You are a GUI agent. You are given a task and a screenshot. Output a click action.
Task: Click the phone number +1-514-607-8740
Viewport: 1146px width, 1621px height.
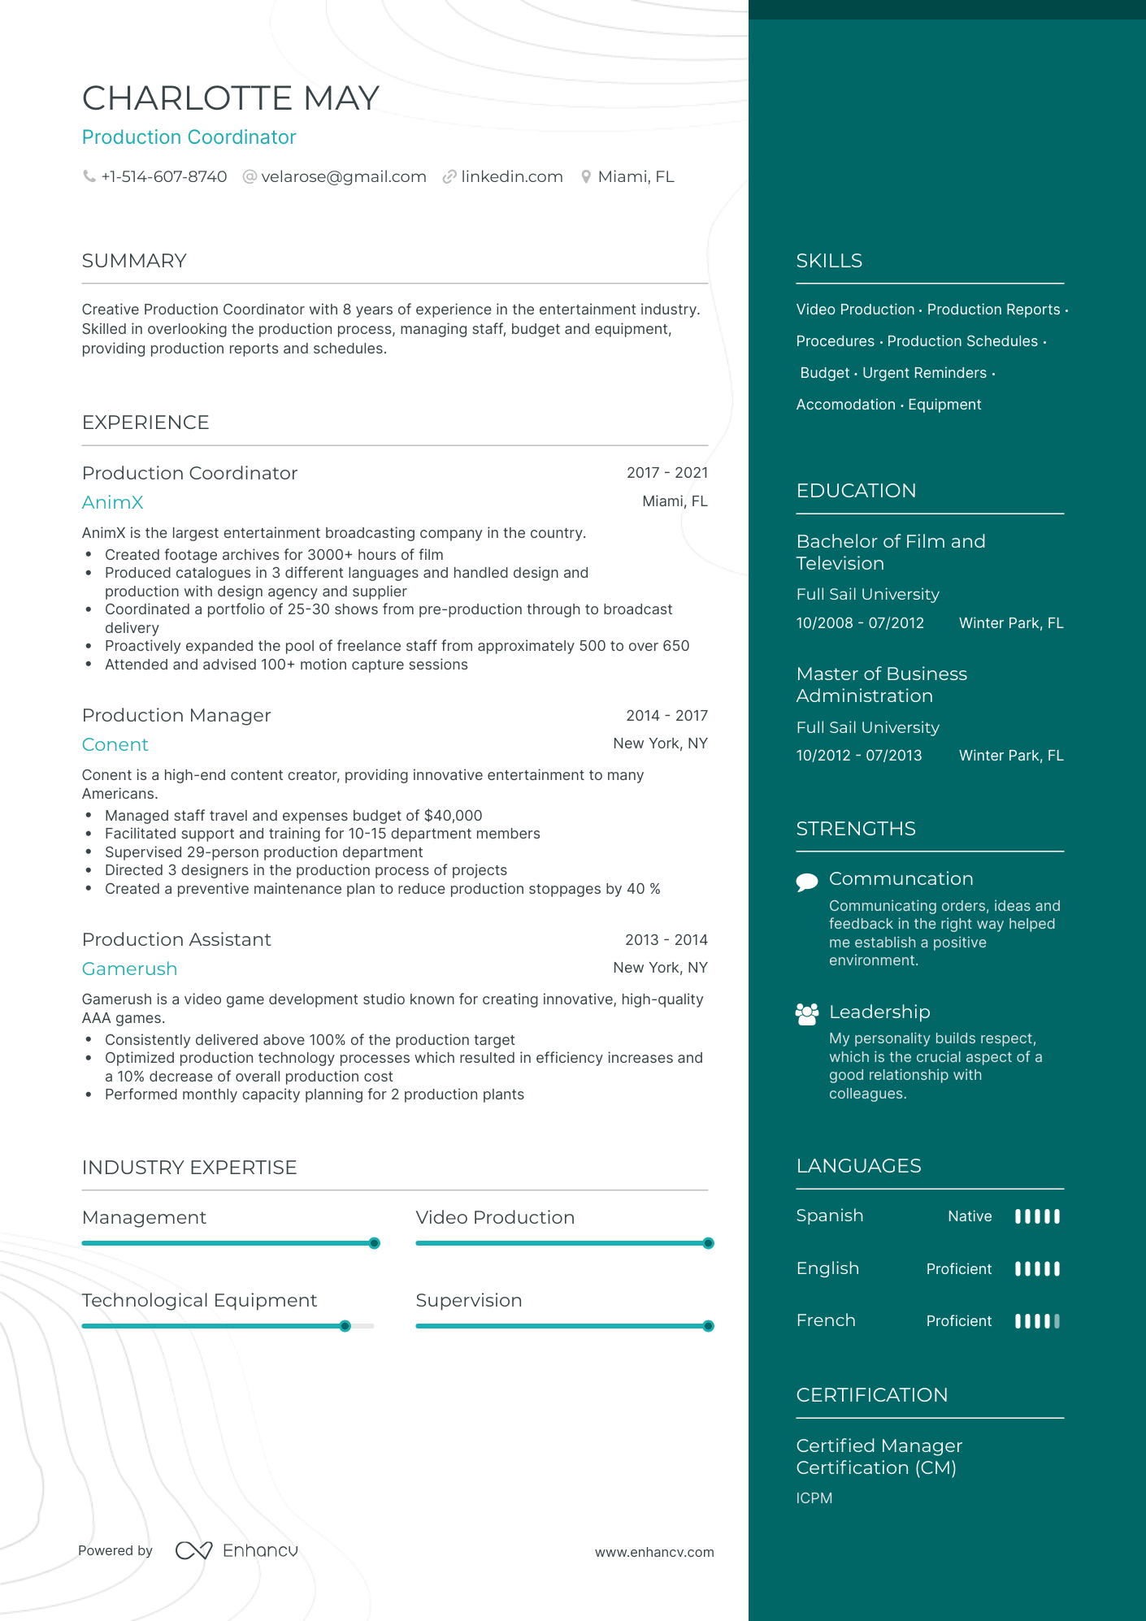click(x=163, y=177)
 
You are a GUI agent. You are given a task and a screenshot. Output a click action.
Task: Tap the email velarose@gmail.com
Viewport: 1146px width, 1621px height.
click(x=343, y=177)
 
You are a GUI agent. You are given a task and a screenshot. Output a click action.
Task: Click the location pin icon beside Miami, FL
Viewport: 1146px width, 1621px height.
click(x=585, y=177)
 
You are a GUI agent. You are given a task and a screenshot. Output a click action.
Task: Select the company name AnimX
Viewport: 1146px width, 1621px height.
click(x=112, y=503)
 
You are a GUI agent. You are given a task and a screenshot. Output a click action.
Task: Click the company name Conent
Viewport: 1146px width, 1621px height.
click(x=115, y=745)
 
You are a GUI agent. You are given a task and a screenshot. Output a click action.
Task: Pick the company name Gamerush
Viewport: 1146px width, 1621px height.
click(x=129, y=969)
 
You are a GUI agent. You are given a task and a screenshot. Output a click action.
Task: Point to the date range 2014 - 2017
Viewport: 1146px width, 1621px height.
click(x=666, y=716)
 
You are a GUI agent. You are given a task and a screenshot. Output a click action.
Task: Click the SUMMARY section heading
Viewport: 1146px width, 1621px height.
click(x=134, y=261)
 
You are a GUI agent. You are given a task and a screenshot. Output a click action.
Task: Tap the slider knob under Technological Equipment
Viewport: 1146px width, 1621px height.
click(x=345, y=1326)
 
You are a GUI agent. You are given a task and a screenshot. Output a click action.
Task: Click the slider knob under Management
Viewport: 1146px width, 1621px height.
click(x=375, y=1243)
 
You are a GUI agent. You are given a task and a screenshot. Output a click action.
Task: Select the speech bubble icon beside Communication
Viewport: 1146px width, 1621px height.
click(x=807, y=882)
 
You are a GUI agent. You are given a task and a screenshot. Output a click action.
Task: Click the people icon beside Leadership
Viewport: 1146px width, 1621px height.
click(x=807, y=1014)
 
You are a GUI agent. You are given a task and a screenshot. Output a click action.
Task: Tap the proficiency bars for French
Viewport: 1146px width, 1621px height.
click(x=1037, y=1321)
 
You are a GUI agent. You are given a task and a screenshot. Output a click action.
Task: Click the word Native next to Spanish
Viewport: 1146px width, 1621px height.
click(x=970, y=1216)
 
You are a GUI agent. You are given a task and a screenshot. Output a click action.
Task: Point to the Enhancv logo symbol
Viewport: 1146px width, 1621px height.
click(x=193, y=1550)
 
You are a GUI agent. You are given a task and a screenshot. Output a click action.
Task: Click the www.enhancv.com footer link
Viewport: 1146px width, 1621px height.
click(x=654, y=1552)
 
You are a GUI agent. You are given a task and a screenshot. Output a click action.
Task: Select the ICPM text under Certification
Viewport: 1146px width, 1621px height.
click(x=814, y=1498)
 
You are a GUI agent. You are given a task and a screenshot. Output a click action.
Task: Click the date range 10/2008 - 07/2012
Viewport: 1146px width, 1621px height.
click(x=860, y=623)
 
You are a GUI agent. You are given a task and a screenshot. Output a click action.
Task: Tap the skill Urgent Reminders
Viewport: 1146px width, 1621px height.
click(x=924, y=373)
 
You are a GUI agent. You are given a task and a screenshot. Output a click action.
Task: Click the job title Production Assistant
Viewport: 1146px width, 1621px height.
click(x=176, y=940)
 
